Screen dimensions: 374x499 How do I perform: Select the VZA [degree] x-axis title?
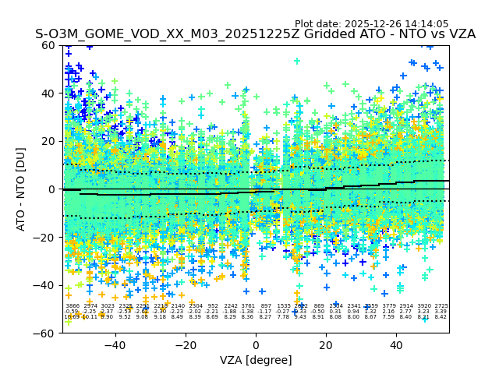(256, 360)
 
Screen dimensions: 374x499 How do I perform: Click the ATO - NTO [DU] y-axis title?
(21, 189)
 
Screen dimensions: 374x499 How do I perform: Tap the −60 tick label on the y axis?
(47, 333)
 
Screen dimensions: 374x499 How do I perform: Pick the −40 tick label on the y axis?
(47, 285)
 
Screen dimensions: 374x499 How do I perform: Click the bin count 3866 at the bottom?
(73, 306)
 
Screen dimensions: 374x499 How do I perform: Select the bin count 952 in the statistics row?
(213, 306)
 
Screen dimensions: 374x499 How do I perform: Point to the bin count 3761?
(248, 306)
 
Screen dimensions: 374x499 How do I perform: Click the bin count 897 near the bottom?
(266, 306)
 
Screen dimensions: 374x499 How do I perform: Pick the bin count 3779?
(388, 306)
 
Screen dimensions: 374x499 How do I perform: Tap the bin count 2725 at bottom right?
(441, 306)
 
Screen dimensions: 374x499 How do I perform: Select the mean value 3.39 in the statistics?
(441, 312)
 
